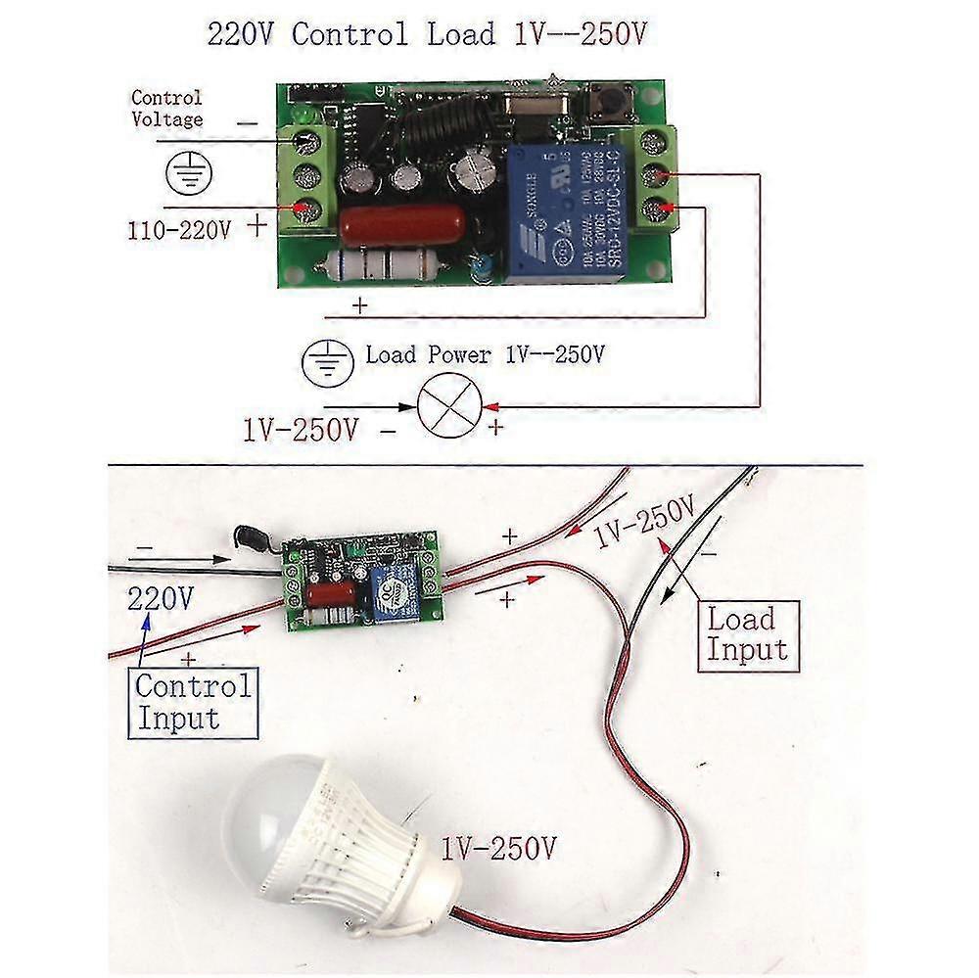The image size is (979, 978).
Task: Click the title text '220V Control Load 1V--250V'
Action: (427, 34)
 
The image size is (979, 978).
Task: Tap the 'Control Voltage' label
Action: (166, 109)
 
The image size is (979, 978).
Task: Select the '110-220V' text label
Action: (179, 232)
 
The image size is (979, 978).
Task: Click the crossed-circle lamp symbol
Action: (445, 405)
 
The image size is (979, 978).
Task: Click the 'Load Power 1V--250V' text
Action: (484, 354)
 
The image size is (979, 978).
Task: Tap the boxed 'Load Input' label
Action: (747, 633)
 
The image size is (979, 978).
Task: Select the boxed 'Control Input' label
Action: (193, 701)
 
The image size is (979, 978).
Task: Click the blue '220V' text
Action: (160, 597)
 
